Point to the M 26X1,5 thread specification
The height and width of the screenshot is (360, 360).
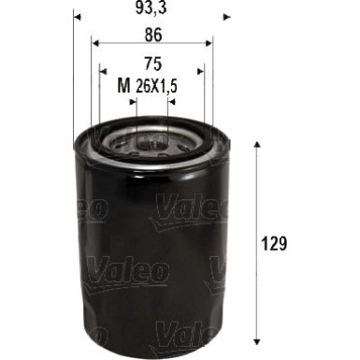click(x=153, y=86)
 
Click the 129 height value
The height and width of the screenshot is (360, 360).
click(x=274, y=243)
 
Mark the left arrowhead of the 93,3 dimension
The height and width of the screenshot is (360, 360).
click(x=77, y=17)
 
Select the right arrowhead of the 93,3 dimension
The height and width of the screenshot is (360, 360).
click(x=224, y=17)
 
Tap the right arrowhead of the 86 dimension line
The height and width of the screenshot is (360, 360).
click(x=210, y=42)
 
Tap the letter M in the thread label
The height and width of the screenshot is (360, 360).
click(x=122, y=86)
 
